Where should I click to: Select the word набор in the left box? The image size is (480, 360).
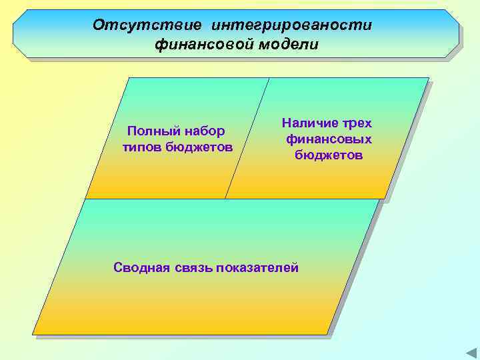[x=203, y=131]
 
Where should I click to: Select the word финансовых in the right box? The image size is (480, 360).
[x=329, y=139]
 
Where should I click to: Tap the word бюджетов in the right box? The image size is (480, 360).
[x=329, y=155]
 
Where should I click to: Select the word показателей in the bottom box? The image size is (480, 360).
[x=260, y=267]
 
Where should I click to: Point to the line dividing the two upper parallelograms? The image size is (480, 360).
[x=247, y=138]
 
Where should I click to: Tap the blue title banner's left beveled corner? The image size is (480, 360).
[x=18, y=33]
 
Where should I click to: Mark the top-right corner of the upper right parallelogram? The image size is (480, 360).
[x=427, y=79]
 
